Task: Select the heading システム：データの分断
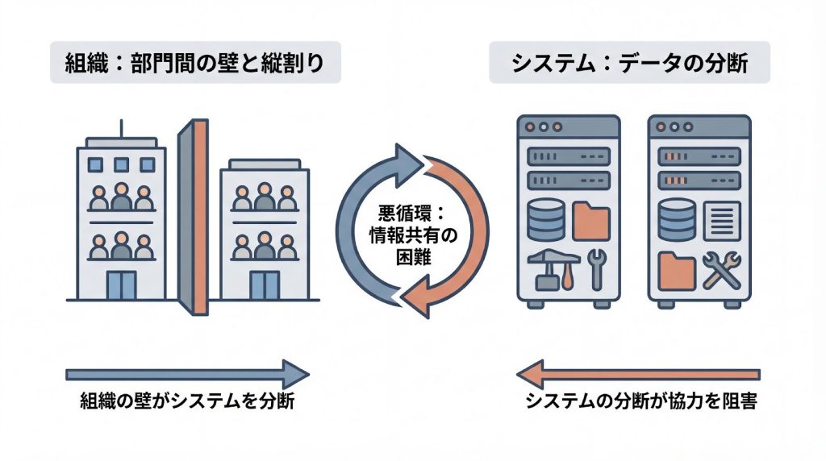[x=629, y=64]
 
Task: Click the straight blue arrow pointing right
[x=186, y=373]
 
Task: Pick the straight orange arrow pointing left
[x=637, y=373]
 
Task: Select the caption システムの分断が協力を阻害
[x=640, y=401]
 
